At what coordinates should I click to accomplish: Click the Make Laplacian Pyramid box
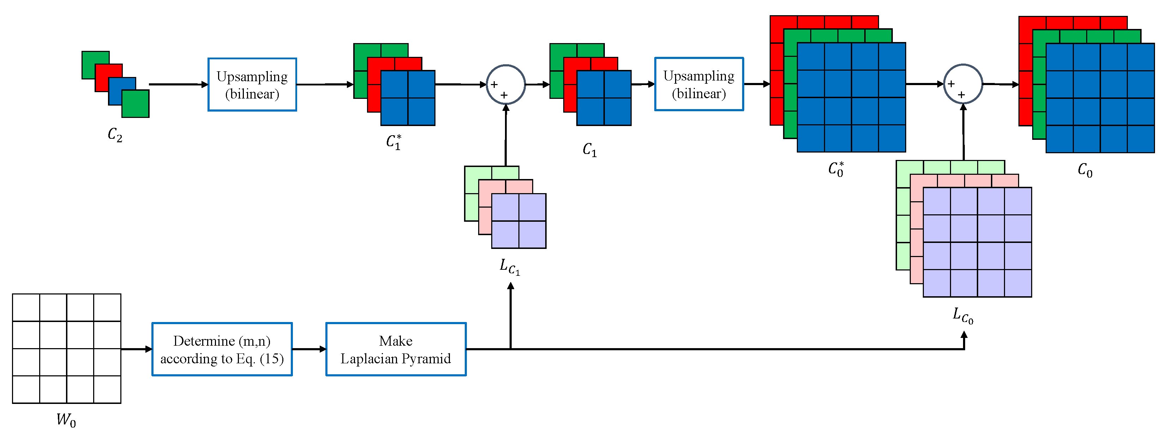click(396, 349)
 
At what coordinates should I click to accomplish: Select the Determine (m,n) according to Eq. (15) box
click(222, 349)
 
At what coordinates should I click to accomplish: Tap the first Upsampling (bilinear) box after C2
click(252, 84)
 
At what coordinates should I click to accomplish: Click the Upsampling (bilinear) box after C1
click(699, 84)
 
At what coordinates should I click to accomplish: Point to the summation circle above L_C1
click(506, 84)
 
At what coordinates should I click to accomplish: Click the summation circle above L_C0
click(963, 84)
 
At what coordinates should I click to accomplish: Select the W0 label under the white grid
click(66, 420)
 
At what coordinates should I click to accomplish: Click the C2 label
click(115, 135)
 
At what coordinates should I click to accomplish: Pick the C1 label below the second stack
click(589, 150)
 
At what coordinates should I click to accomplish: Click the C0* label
click(836, 169)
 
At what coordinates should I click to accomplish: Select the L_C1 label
click(510, 267)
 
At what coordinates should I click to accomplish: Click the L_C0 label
click(963, 316)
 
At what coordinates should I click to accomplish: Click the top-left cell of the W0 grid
click(26, 308)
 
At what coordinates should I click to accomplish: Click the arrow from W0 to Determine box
click(136, 349)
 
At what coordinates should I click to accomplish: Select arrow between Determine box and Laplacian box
click(309, 349)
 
